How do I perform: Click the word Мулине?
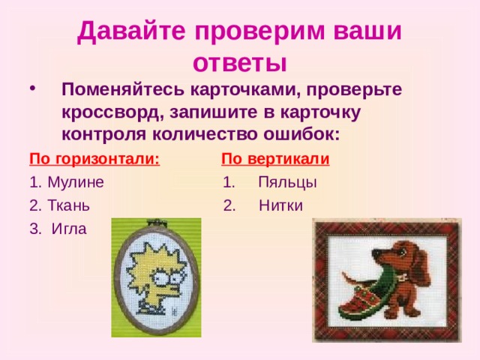[75, 182]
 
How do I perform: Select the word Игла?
[69, 229]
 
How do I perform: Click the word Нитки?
[280, 205]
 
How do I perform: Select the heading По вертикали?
[275, 159]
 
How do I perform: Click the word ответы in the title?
[240, 60]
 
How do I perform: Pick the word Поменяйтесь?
[122, 90]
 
